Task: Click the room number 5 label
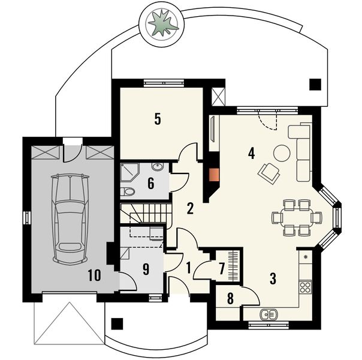pos(157,119)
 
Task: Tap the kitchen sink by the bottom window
pos(268,313)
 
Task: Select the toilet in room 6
pos(128,191)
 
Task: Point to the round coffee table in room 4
pos(282,154)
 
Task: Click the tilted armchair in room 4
pos(268,173)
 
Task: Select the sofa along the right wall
pos(301,152)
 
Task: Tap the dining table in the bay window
pos(294,218)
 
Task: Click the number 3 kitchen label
pos(272,278)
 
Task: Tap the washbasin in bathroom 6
pos(157,167)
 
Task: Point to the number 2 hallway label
pos(189,209)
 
